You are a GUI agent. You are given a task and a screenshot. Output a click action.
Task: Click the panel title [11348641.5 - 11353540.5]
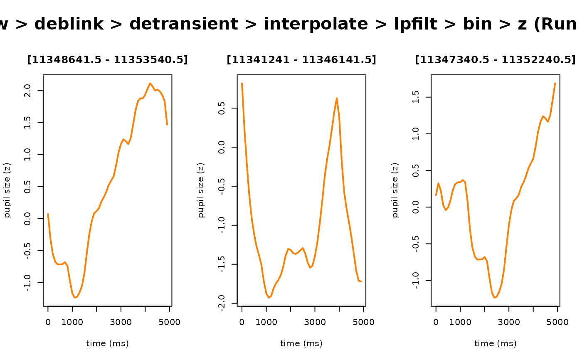107,60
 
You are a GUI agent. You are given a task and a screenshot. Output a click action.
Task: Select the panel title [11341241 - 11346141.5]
301,60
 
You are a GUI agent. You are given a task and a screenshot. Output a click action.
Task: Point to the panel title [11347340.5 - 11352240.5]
495,60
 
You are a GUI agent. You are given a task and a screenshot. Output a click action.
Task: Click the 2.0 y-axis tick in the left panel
27,91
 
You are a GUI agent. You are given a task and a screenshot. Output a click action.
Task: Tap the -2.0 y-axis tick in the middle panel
222,303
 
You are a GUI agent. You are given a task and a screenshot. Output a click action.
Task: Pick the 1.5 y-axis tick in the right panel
416,97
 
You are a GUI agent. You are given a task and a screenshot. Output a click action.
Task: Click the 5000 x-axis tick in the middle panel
364,323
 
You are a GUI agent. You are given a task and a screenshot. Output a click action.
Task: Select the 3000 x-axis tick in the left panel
121,323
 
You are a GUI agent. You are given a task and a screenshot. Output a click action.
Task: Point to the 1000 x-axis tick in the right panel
460,323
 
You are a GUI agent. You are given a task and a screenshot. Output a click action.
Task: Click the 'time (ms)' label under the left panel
107,344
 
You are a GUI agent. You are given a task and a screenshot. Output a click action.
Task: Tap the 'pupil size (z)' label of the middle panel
201,190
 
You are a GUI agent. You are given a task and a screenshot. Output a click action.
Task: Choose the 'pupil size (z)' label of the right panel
395,190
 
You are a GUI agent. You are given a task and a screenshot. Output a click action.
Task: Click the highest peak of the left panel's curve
150,83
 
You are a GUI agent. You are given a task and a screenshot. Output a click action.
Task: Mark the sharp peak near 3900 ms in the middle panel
337,98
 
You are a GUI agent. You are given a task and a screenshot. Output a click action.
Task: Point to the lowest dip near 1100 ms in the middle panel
269,298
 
